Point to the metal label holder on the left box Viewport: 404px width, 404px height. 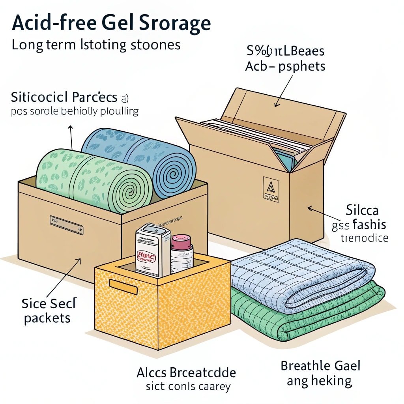click(x=66, y=225)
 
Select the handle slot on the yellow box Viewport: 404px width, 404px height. click(x=123, y=287)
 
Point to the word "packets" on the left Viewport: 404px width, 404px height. click(x=47, y=318)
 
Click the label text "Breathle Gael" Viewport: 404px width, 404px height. click(x=320, y=365)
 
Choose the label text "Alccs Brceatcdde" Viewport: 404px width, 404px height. click(x=186, y=372)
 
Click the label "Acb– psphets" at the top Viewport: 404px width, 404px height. click(x=285, y=66)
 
